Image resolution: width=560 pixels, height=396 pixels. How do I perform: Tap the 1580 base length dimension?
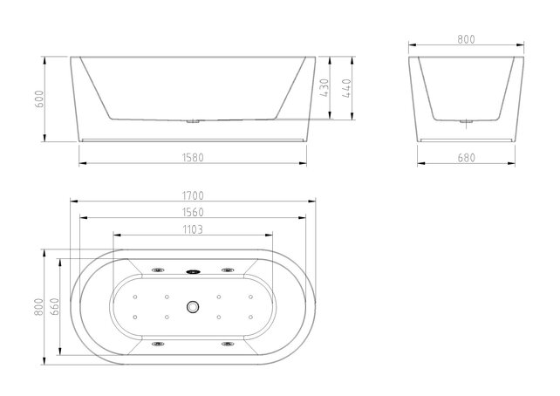(x=193, y=157)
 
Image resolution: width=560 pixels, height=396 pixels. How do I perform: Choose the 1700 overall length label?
(x=193, y=196)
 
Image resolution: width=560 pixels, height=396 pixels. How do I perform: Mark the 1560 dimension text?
(x=193, y=213)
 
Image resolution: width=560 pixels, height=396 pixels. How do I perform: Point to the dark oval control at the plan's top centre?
(x=193, y=270)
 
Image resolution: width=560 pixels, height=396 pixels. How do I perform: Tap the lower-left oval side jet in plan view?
(x=159, y=344)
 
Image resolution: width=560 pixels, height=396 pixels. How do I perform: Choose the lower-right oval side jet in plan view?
(x=227, y=344)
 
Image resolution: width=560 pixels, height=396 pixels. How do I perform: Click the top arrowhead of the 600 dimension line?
(x=46, y=60)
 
